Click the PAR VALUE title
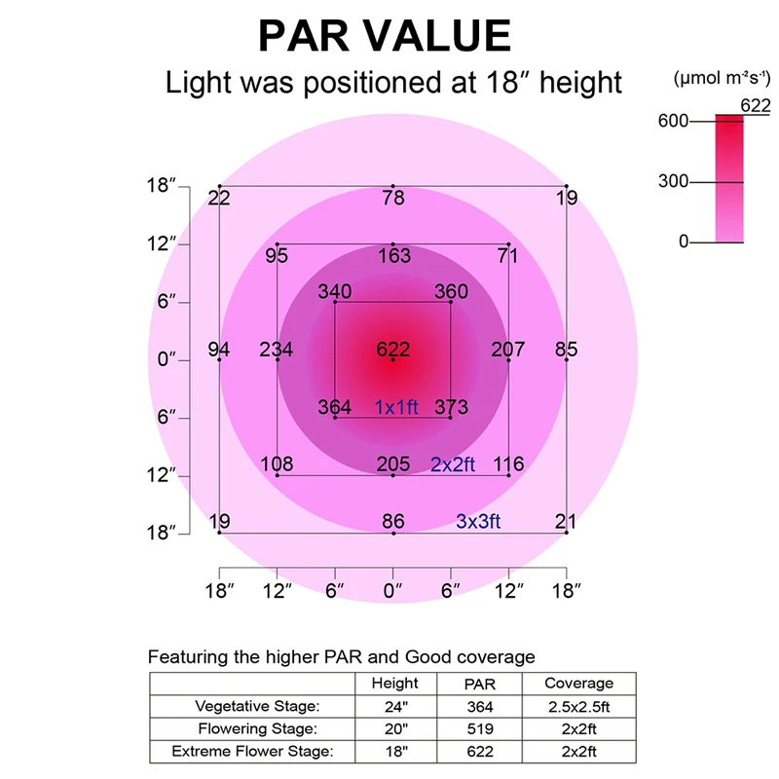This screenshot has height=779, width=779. coord(384,36)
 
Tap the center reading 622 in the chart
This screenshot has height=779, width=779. coord(393,350)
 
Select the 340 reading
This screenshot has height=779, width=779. coord(335,292)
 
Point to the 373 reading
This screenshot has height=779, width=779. coord(451,407)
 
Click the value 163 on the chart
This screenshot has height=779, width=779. coord(393,256)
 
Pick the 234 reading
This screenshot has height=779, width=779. coord(277,350)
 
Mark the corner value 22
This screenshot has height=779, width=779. coord(219,199)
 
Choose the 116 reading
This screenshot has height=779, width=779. coord(508,464)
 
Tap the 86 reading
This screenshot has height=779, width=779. coord(393,522)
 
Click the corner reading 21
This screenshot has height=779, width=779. coord(566,522)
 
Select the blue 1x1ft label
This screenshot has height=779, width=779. coord(396,407)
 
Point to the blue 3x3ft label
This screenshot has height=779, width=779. coord(478,522)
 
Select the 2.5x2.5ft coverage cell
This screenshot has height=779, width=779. coord(578,706)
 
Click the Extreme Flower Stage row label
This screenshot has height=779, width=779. coord(251,751)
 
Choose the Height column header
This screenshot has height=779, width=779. coord(395,684)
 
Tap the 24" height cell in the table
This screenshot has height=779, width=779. coord(395,706)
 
